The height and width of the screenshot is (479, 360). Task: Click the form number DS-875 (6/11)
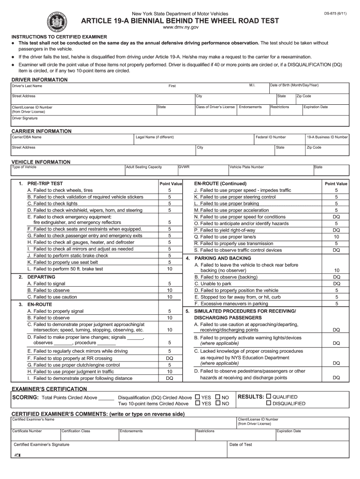pos(336,14)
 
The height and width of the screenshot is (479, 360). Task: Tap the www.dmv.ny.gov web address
pos(180,29)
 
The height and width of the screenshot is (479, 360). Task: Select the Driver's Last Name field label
pos(27,86)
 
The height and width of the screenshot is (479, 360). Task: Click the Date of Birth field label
pos(295,85)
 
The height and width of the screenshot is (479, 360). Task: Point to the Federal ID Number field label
pos(271,137)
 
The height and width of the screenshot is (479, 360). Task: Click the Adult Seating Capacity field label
pos(144,167)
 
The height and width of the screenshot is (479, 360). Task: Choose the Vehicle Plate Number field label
pos(246,167)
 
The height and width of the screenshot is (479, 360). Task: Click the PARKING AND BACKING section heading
pos(223,258)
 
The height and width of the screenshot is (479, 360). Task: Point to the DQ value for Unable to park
pos(336,283)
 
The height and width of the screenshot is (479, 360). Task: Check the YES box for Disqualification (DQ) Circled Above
pos(197,397)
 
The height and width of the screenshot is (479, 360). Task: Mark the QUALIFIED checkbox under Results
pos(269,397)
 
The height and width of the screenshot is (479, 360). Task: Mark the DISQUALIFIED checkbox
pos(269,403)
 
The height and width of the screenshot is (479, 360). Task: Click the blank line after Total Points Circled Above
pos(106,399)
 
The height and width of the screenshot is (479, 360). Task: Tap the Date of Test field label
pos(241,444)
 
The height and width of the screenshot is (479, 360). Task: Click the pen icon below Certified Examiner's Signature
pos(17,455)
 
